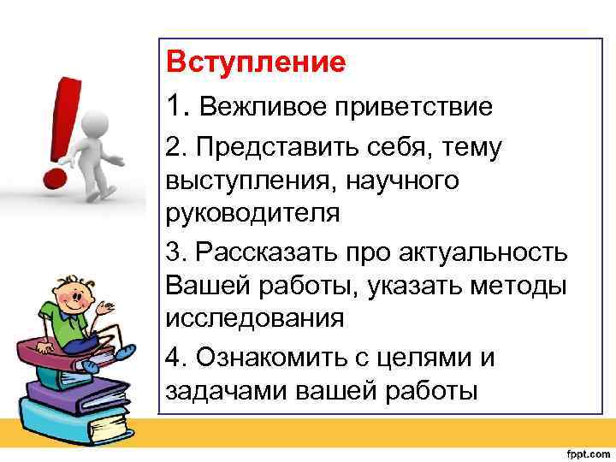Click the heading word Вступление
[256, 63]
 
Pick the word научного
[405, 181]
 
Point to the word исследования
[254, 317]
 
